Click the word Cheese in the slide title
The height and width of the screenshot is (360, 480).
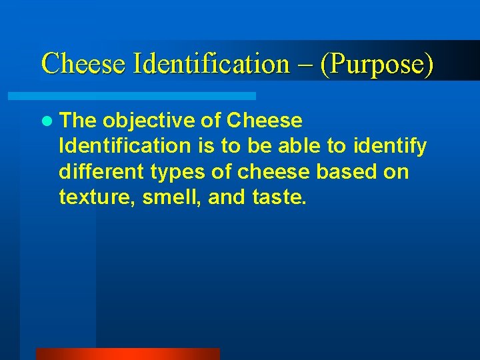coord(84,64)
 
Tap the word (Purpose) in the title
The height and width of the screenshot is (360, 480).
coord(377,64)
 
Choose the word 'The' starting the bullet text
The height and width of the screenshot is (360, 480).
coord(78,121)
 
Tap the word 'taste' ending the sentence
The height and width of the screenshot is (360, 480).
coord(279,197)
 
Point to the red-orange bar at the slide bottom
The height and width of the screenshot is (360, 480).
coord(127,354)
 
